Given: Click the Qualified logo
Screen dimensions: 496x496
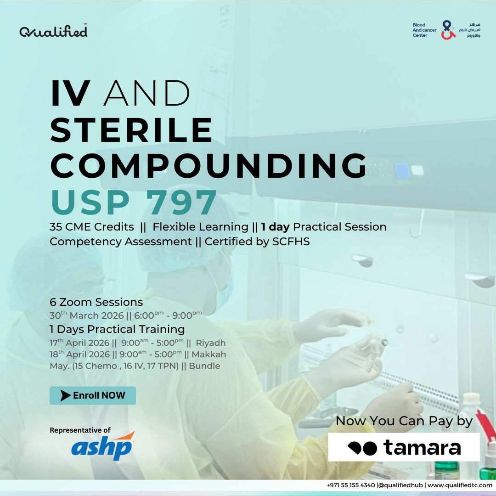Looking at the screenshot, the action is [53, 31].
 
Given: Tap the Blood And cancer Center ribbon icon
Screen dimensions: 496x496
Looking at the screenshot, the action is [448, 30].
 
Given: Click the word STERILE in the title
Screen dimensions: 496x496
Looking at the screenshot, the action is [131, 130].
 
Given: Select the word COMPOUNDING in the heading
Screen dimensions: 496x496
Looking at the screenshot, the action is [209, 166].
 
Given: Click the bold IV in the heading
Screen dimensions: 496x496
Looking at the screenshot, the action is [71, 93].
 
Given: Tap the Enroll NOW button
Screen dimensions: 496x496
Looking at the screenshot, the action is [93, 395].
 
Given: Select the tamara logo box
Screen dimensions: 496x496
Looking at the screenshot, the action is [404, 447].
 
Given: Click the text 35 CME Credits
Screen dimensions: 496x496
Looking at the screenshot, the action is [92, 227].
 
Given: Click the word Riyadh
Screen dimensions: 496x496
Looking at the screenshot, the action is [211, 343].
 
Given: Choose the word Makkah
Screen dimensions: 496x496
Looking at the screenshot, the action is [209, 354].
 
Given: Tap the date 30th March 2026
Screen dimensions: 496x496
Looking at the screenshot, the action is [86, 316].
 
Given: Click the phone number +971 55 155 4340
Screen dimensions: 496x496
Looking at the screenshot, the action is [351, 485].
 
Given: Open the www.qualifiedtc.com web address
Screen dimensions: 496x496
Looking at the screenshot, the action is [460, 485].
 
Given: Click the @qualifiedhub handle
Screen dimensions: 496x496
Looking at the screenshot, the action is [400, 485].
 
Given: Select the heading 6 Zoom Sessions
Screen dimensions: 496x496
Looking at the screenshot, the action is [96, 302].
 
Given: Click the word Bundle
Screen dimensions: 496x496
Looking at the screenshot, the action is [204, 366].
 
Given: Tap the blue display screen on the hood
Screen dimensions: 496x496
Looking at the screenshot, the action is [402, 170].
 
